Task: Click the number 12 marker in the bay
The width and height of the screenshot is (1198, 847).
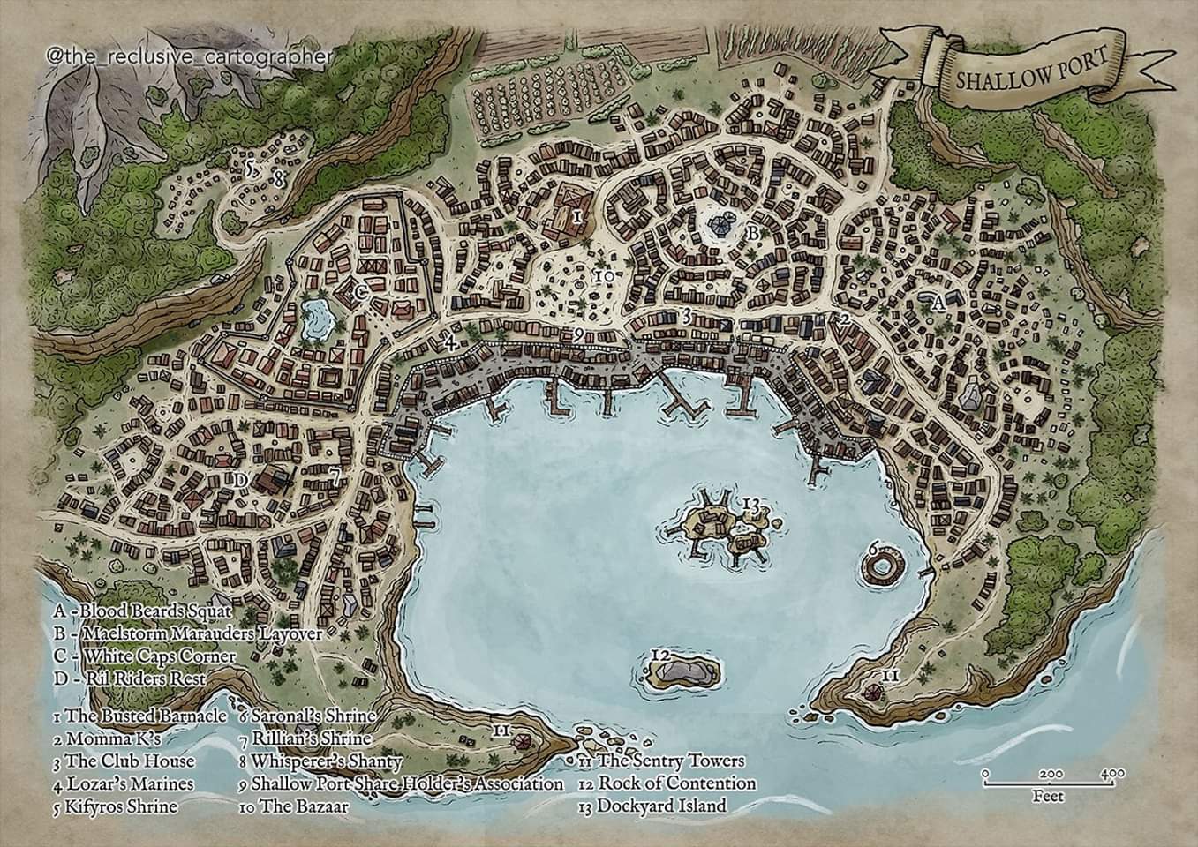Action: (661, 654)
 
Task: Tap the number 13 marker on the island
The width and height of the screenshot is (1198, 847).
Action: (751, 504)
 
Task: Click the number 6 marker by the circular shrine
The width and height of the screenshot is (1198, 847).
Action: (873, 548)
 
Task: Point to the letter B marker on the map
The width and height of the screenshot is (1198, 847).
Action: (752, 233)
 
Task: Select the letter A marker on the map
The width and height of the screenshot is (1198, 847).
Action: (938, 302)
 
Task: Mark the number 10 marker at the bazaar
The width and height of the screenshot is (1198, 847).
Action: (605, 276)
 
